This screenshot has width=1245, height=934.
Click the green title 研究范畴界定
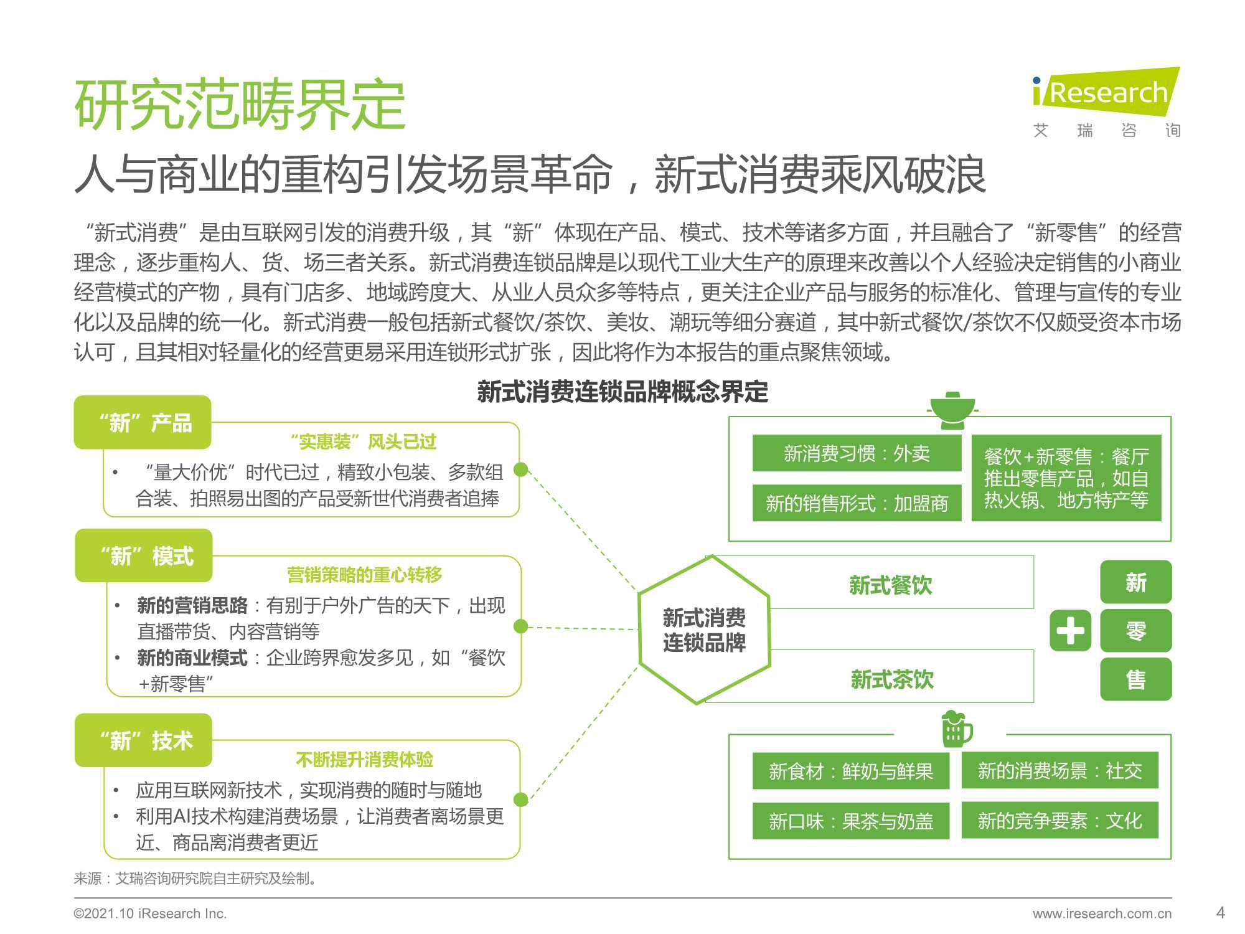pyautogui.click(x=240, y=105)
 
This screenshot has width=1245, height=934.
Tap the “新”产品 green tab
pyautogui.click(x=143, y=422)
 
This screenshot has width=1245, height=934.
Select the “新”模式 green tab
pyautogui.click(x=144, y=555)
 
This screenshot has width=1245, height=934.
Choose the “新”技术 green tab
pyautogui.click(x=143, y=740)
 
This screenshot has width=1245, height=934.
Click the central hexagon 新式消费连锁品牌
pyautogui.click(x=704, y=630)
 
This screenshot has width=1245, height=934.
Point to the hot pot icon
pyautogui.click(x=951, y=410)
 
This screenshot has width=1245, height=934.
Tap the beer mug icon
pyautogui.click(x=956, y=729)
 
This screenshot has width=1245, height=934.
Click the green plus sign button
pyautogui.click(x=1071, y=631)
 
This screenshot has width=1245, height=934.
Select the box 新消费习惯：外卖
pyautogui.click(x=857, y=453)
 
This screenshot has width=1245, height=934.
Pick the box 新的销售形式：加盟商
pyautogui.click(x=857, y=502)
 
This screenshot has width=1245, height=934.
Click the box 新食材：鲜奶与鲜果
pyautogui.click(x=851, y=771)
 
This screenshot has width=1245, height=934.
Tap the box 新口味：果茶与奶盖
pyautogui.click(x=851, y=821)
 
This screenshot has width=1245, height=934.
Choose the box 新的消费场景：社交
pyautogui.click(x=1059, y=770)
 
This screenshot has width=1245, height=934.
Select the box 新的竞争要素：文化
pyautogui.click(x=1059, y=820)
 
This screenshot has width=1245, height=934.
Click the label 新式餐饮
pyautogui.click(x=891, y=585)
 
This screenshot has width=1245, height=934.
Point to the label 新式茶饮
pyautogui.click(x=892, y=679)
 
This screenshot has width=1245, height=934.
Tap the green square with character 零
pyautogui.click(x=1136, y=631)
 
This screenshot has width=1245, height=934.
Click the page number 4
pyautogui.click(x=1221, y=913)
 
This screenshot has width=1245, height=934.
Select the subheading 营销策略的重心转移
pyautogui.click(x=365, y=574)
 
